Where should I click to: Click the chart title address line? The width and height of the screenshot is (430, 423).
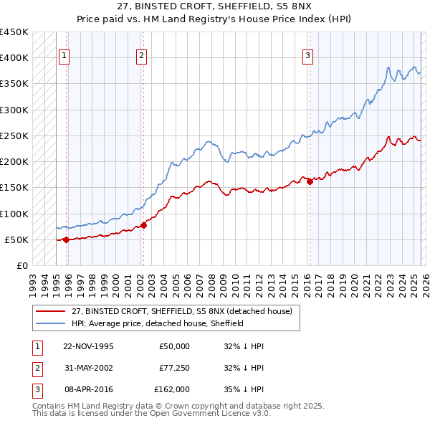point(214,6)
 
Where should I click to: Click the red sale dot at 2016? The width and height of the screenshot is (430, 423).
point(310,181)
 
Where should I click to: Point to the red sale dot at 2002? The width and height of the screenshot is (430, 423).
point(143,225)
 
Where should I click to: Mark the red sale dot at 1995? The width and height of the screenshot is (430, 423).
point(66,239)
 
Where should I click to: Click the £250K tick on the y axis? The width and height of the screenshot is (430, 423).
point(14,136)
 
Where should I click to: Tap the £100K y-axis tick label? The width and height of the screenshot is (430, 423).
point(14,214)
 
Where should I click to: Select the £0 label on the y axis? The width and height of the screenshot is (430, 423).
point(21,265)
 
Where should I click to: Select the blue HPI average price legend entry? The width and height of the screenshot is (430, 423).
point(158,323)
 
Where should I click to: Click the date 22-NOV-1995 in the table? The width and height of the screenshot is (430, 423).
point(88,346)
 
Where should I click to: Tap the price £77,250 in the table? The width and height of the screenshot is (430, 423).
point(174,368)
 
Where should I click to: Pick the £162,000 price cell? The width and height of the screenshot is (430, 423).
point(172,389)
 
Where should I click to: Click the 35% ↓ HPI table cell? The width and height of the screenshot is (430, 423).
point(244,389)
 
